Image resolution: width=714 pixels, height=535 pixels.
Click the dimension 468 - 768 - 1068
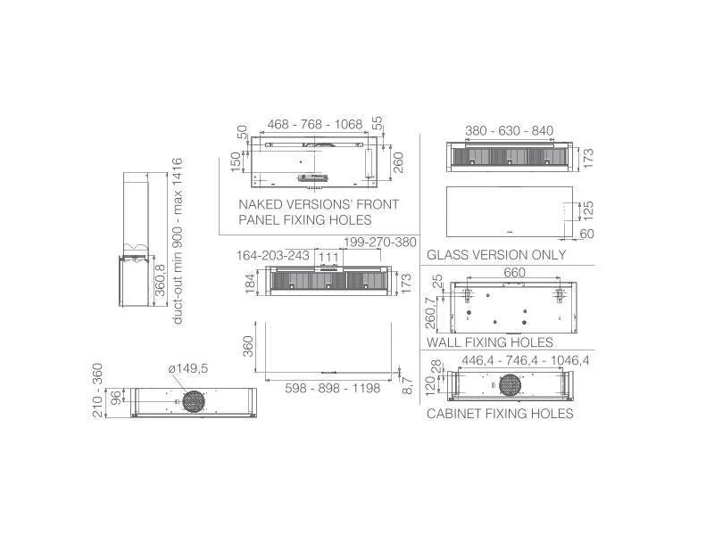(x=315, y=124)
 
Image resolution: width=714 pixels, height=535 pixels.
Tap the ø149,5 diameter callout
(x=188, y=368)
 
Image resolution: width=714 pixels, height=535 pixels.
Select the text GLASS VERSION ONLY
(x=496, y=255)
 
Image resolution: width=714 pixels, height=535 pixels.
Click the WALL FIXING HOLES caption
(x=490, y=342)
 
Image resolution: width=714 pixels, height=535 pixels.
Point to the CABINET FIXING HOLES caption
(x=500, y=414)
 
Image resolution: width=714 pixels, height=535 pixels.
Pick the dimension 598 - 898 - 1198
(x=332, y=389)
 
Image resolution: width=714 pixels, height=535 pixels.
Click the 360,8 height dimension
(x=161, y=281)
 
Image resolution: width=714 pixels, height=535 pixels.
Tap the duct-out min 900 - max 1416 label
(x=177, y=241)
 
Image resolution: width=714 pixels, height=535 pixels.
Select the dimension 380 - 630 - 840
(x=509, y=131)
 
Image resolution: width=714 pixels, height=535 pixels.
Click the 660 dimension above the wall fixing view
(x=515, y=273)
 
